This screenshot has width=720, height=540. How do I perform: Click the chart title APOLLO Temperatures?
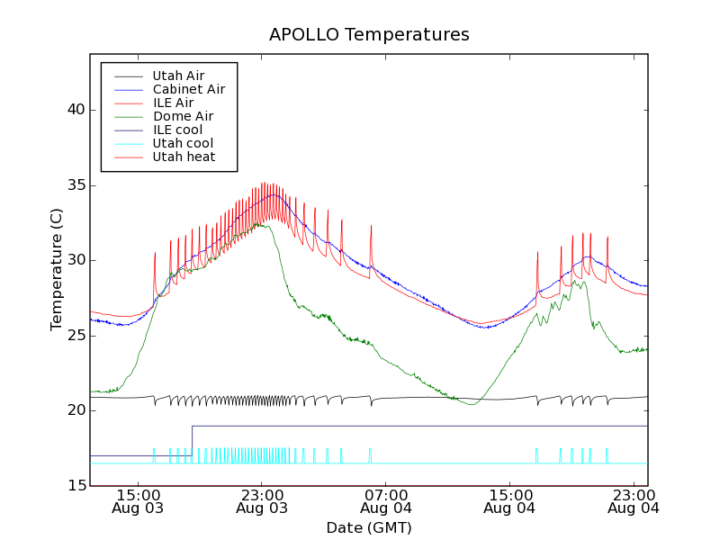click(x=369, y=35)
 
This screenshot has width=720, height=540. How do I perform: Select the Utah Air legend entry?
click(x=178, y=76)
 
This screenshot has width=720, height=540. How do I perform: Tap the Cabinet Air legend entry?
click(x=188, y=89)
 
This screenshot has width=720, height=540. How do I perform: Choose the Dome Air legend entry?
click(x=183, y=116)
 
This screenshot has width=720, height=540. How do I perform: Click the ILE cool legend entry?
click(x=177, y=130)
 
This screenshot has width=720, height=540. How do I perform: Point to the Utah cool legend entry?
click(x=183, y=143)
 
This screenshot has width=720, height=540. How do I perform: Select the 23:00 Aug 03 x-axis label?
click(x=261, y=500)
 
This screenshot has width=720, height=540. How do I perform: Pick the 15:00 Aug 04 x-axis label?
click(x=510, y=500)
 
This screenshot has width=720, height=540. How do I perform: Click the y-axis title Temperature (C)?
click(x=57, y=270)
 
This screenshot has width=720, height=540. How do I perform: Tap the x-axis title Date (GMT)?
click(x=369, y=527)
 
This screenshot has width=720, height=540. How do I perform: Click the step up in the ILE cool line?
click(x=192, y=440)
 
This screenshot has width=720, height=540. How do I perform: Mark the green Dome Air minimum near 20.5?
click(x=472, y=404)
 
